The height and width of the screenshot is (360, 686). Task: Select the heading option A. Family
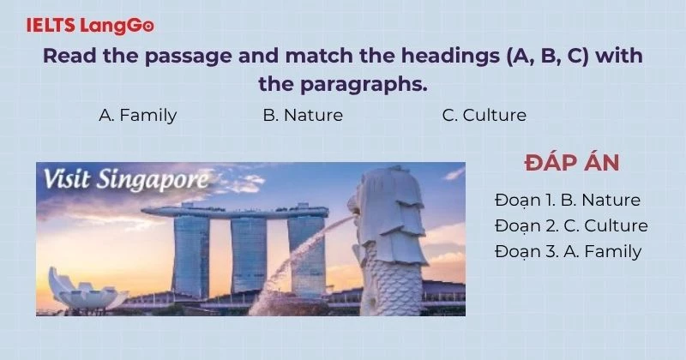[x=138, y=115]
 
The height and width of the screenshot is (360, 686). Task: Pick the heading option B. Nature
[x=303, y=115]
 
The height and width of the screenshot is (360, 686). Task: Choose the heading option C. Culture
[x=484, y=115]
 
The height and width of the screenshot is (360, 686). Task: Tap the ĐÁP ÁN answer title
[x=571, y=164]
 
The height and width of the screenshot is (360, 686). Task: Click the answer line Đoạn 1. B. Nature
[x=568, y=201]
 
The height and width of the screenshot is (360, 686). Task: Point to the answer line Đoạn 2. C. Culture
[x=571, y=226]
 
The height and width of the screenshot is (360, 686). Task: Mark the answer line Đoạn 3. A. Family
[x=568, y=251]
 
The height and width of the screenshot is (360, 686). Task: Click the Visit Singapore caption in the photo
[x=125, y=181]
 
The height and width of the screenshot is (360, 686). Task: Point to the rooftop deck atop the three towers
[x=236, y=209]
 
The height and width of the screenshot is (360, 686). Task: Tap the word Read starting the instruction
[x=66, y=58]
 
